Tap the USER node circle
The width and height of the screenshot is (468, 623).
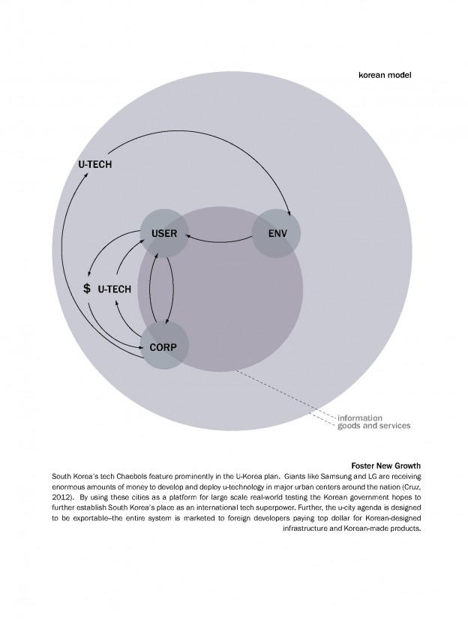coord(163,233)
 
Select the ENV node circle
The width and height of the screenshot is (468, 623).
coord(275,233)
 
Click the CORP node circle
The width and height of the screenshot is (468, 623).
coord(164,346)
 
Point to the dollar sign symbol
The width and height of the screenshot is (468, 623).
coord(87,289)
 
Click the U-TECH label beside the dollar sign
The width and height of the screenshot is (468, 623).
coord(114,289)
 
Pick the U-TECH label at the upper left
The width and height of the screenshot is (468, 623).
coord(95,164)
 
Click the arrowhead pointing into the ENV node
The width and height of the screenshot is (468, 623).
coord(290,210)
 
